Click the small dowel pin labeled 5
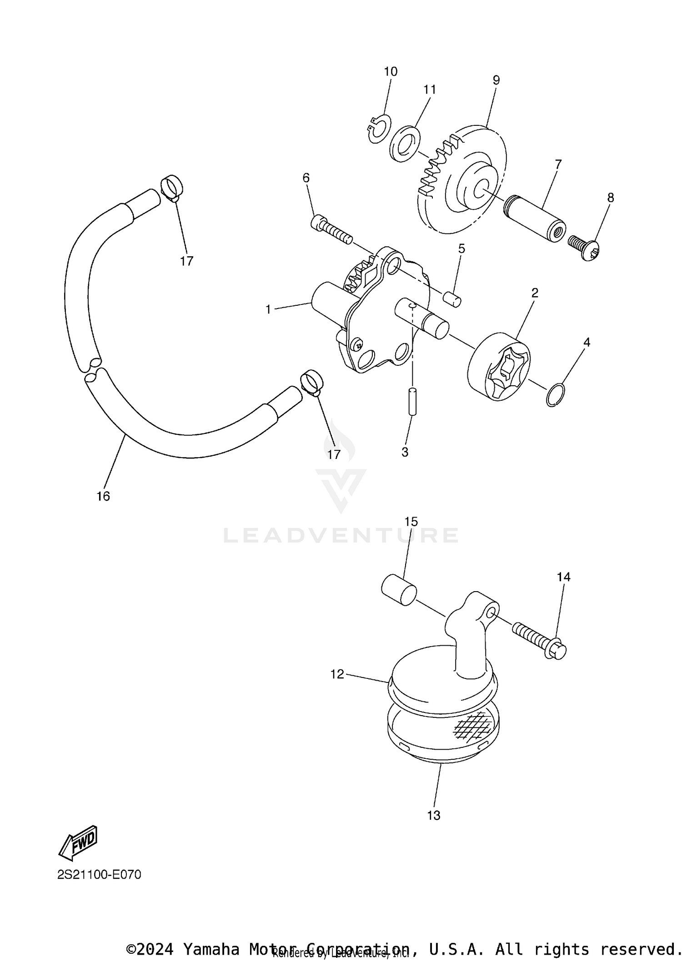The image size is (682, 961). click(452, 299)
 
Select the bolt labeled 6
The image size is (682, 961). click(331, 230)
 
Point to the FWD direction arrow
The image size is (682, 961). click(79, 843)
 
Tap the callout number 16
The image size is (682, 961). click(103, 496)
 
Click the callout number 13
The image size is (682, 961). click(434, 815)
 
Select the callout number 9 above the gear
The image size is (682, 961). click(496, 80)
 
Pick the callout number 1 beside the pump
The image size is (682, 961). click(268, 310)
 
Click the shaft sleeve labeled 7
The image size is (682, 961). click(535, 219)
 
